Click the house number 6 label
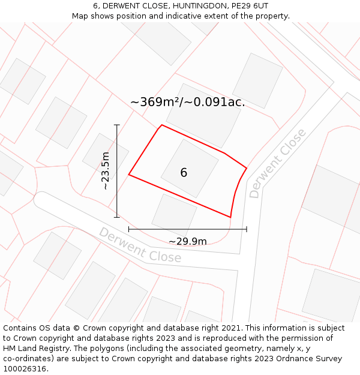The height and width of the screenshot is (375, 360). tap(184, 173)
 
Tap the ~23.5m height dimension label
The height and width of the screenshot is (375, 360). tap(106, 171)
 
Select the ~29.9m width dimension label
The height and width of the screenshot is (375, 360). tap(187, 241)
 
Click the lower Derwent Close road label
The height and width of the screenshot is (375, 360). tap(140, 245)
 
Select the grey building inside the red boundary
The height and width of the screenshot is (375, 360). tap(190, 168)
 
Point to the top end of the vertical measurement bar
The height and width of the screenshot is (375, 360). tap(117, 125)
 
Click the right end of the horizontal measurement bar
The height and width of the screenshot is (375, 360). tap(247, 229)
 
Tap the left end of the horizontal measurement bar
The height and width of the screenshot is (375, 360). tap(129, 229)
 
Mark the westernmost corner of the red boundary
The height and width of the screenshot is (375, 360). tap(129, 175)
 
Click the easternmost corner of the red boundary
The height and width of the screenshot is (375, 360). tap(247, 167)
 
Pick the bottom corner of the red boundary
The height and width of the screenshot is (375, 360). tap(230, 217)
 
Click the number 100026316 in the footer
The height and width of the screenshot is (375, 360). tap(25, 369)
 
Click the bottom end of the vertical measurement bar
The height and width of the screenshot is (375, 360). tap(117, 217)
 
